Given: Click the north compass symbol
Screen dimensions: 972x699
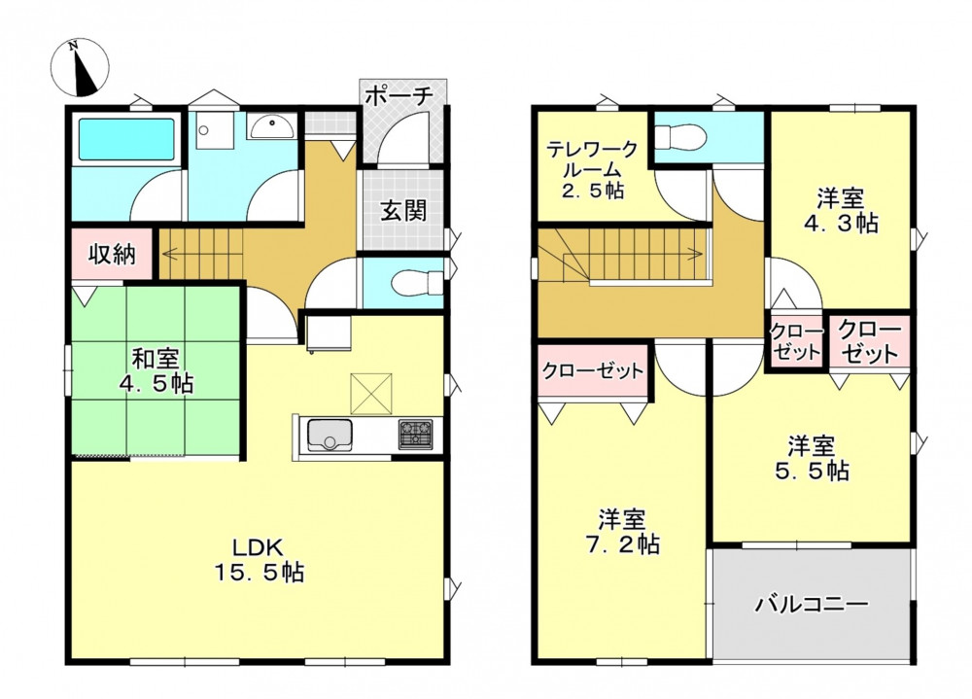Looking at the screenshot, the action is coord(80,68).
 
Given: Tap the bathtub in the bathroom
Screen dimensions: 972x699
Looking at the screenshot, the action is coord(125,140).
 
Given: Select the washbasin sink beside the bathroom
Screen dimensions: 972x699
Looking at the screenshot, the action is coord(273,126).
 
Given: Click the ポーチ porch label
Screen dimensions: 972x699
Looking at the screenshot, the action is coord(398,96).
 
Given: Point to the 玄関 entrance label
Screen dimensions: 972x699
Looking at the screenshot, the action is coord(403,211).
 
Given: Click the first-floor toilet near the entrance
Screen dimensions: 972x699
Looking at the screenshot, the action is coord(417,283).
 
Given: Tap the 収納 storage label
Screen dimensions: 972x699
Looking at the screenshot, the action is coord(112,254).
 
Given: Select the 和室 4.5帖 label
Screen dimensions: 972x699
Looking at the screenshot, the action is coord(156,371).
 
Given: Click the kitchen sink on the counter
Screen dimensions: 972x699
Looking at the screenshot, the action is coord(330,435).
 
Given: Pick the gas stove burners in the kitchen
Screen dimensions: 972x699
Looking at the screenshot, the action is coord(415,435).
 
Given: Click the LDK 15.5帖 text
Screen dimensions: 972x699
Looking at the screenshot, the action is coord(260,560).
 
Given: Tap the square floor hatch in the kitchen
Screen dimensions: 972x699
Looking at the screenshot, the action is coord(370,394).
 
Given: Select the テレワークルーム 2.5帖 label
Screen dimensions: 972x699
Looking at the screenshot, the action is coord(592,170).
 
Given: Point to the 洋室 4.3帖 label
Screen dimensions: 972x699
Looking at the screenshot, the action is coord(841,211).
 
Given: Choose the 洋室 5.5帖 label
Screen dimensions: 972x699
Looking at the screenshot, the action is coord(812,458).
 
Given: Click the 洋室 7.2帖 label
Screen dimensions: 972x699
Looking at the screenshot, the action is coord(622,532).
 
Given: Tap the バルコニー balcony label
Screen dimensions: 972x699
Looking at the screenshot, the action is coord(811,604).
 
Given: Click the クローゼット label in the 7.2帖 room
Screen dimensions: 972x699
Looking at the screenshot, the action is coord(593,371).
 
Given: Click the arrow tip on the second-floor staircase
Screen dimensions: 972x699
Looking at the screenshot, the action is coord(701,253).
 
